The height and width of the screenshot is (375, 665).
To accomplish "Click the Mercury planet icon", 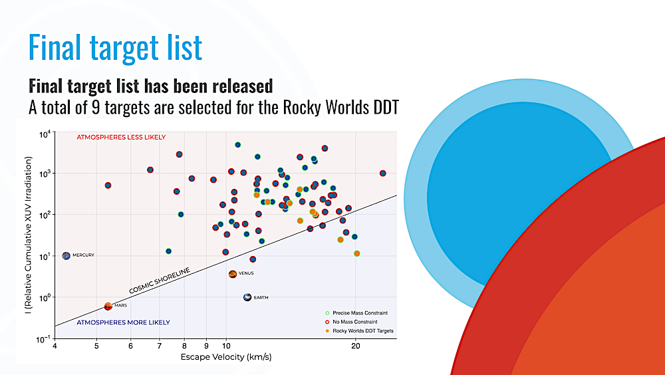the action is (66, 256).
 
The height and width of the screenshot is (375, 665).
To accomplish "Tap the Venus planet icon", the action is (232, 274).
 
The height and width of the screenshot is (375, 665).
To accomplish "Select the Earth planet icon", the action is (247, 297).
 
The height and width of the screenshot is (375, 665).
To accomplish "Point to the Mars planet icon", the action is (108, 307).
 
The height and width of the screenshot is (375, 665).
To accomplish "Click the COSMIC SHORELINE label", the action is (160, 281).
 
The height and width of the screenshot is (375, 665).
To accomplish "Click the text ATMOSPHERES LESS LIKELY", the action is (121, 137).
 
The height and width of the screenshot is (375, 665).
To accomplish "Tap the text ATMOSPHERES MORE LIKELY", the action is (123, 322).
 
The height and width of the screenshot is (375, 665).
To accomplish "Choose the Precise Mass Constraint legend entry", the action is (356, 313).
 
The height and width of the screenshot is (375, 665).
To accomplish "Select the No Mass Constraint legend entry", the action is (351, 322).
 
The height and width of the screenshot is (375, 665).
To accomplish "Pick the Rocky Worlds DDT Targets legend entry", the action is (359, 331).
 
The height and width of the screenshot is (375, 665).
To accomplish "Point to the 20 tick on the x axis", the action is (355, 346).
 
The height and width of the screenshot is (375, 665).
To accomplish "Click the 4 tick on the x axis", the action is (55, 346).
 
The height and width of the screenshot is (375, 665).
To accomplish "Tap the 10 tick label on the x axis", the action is (227, 346).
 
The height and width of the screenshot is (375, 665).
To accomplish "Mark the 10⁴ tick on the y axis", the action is (45, 134).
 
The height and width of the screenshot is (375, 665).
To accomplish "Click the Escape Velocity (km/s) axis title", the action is (226, 357).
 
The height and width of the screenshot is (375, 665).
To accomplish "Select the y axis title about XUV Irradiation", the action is (28, 235).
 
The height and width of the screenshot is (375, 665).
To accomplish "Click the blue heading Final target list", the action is (115, 47).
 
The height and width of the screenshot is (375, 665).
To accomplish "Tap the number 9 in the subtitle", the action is (95, 107).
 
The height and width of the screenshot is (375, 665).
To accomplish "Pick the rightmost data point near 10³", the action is (382, 173).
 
